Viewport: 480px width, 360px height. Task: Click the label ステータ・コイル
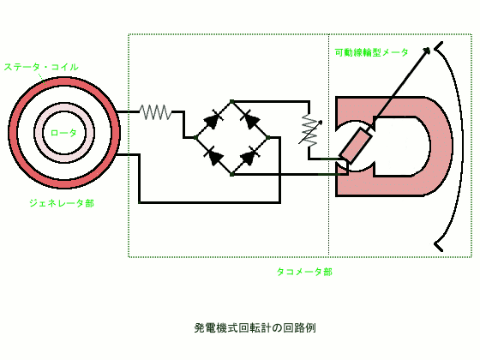point(41,67)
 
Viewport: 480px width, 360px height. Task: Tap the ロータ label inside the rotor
point(63,133)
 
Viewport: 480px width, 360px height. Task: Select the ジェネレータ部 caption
point(62,203)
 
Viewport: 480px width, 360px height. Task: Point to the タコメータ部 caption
point(304,272)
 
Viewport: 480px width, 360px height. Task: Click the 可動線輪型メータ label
point(372,52)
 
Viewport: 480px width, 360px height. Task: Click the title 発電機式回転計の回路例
point(255,327)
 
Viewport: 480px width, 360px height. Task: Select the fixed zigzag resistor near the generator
point(155,112)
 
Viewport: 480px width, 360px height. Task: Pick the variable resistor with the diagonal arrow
point(309,131)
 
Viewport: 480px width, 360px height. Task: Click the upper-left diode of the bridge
point(213,119)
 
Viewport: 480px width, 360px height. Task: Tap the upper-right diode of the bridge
point(250,119)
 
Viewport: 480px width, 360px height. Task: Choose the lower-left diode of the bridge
point(213,156)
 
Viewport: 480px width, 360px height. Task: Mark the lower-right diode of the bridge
point(250,156)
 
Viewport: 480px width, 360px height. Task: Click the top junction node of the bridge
point(231,101)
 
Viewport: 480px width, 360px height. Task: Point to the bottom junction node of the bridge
point(231,175)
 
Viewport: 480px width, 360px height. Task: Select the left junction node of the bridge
point(195,138)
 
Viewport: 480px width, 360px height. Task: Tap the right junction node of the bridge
point(268,138)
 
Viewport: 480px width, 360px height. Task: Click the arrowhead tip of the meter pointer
point(430,48)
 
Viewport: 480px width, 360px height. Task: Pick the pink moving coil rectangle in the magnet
point(357,146)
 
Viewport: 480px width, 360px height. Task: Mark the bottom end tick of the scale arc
point(439,246)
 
